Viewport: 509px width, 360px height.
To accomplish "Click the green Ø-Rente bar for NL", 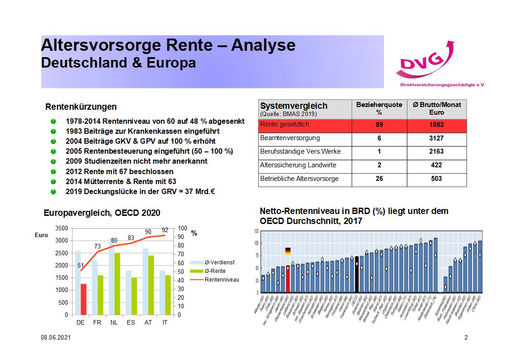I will pos(117,284).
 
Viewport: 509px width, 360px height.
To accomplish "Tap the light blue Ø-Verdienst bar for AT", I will pos(145,281).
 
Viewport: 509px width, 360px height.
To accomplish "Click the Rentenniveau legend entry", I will pos(221,280).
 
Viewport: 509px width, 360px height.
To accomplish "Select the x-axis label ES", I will pos(131,322).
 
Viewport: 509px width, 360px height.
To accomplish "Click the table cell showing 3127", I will pos(436,138).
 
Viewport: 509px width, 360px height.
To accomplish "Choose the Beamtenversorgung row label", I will pos(290,138).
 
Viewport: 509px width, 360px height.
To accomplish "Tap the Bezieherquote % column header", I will pos(379,108).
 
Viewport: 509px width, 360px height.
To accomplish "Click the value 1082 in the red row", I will pos(436,125).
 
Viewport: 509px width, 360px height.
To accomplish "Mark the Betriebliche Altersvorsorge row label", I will pos(299,179).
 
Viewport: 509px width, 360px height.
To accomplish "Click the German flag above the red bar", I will pos(288,251).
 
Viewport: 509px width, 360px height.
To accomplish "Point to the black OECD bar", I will pos(357,274).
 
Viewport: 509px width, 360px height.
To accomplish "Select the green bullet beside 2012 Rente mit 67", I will pos(53,172).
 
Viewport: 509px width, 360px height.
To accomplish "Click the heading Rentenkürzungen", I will pos(81,107).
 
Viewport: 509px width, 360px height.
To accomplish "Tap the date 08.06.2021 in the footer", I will pos(55,338).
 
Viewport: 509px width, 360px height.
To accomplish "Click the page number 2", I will pos(466,338).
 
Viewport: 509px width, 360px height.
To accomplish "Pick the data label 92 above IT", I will pos(165,230).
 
